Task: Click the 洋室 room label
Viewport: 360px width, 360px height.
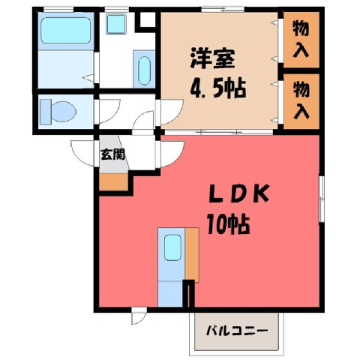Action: [212, 58]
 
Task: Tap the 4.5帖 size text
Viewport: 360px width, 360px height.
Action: [218, 88]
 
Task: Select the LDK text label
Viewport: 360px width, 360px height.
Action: [239, 193]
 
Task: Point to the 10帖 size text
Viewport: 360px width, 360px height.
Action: [228, 224]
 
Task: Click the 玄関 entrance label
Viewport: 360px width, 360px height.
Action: [112, 154]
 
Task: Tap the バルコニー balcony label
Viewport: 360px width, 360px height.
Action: [237, 331]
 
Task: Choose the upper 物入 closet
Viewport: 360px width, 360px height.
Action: [301, 40]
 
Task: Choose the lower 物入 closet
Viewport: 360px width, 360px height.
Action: [301, 101]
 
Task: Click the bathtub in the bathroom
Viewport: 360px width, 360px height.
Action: [66, 31]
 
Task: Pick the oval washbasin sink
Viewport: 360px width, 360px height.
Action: [144, 70]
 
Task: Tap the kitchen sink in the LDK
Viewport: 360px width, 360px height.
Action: [172, 247]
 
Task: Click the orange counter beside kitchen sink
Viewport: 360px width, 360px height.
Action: [192, 255]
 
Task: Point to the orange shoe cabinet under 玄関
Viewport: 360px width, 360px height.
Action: [114, 182]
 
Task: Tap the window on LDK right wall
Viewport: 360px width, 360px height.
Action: [322, 199]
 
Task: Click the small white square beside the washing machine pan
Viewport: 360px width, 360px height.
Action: [148, 19]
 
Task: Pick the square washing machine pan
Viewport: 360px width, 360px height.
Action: [115, 24]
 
